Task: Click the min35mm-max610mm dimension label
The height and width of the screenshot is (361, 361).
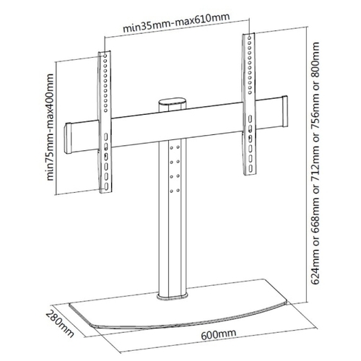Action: point(176,23)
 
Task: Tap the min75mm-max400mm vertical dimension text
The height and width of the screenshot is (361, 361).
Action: point(50,127)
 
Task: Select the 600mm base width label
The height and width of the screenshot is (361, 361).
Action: point(219,334)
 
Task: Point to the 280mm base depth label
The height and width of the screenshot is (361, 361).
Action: point(59,323)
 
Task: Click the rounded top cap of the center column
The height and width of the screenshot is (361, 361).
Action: point(173,101)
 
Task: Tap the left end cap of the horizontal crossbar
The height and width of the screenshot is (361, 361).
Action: point(68,139)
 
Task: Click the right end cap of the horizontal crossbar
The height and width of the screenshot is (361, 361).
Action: point(284,111)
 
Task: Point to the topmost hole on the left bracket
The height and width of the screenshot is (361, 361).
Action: point(105,56)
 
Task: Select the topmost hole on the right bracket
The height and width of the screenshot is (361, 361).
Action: point(249,38)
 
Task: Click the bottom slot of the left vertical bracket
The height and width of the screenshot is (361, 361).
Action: point(106,186)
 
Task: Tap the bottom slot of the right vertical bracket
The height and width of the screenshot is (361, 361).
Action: point(251,168)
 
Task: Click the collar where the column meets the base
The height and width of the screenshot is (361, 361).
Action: point(173,296)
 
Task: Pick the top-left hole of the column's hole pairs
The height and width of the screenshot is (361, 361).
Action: point(171,148)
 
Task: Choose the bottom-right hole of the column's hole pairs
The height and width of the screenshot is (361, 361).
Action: point(178,191)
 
